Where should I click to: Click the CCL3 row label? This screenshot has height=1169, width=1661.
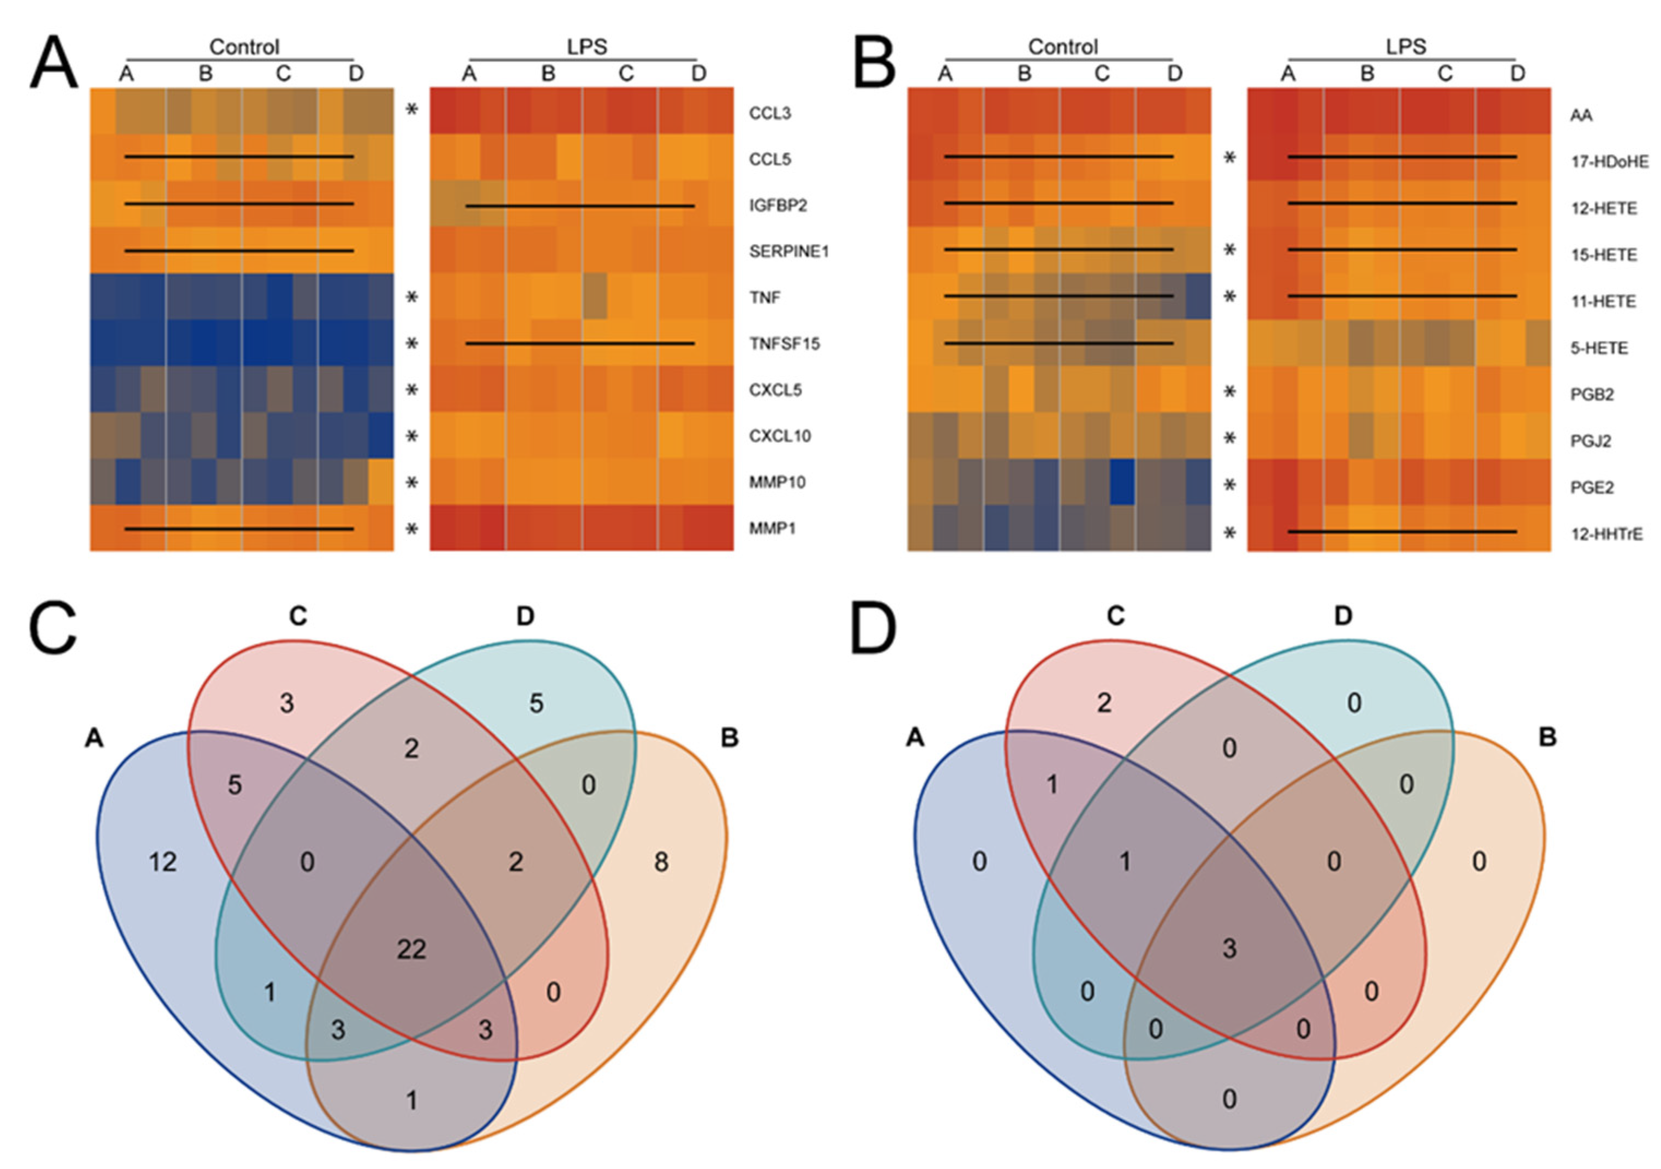click(x=770, y=113)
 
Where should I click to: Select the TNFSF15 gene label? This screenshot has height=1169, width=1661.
click(x=784, y=344)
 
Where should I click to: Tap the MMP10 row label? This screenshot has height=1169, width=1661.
click(x=777, y=482)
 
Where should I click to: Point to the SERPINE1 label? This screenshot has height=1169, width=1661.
click(x=788, y=252)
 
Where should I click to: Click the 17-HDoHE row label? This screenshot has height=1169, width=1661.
click(x=1610, y=162)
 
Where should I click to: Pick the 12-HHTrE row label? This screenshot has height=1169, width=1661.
click(x=1606, y=534)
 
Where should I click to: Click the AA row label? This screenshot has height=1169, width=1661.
click(x=1581, y=115)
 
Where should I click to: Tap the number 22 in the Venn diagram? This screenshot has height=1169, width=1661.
click(x=411, y=949)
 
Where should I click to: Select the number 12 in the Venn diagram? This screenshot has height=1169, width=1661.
click(x=162, y=862)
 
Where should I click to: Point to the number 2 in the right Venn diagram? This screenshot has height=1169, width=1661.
click(x=1104, y=702)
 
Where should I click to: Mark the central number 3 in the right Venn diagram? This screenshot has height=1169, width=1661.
click(x=1230, y=949)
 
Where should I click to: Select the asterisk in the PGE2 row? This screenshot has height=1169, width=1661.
click(x=1229, y=485)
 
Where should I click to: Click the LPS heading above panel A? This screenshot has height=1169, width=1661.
click(x=586, y=47)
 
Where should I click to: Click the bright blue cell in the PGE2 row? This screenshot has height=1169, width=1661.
click(x=1122, y=482)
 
